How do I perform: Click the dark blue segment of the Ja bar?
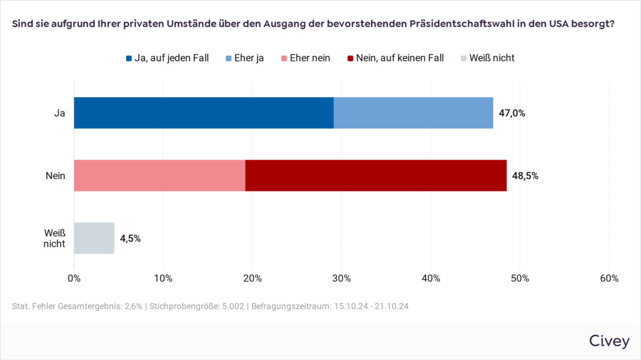[x=203, y=113]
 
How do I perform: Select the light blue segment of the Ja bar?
[x=413, y=113]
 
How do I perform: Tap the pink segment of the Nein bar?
[x=160, y=175]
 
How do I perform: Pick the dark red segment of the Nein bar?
[x=376, y=175]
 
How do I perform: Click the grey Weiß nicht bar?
[x=94, y=238]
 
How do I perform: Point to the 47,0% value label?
[x=512, y=113]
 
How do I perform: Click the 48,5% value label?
[x=525, y=176]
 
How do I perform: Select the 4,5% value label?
[x=130, y=238]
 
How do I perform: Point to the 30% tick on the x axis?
[x=342, y=278]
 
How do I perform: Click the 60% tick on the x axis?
[x=609, y=278]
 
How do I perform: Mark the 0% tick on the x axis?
[x=74, y=278]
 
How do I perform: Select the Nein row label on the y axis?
[x=55, y=176]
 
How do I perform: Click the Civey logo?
[x=609, y=341]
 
